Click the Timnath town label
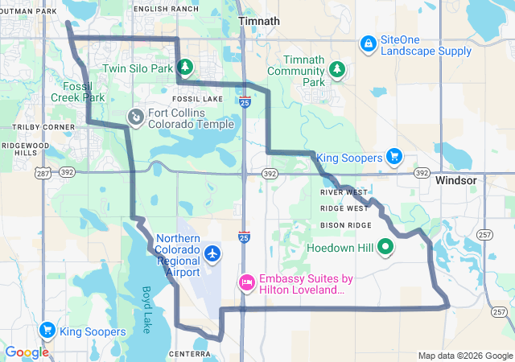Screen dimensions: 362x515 click(259, 21)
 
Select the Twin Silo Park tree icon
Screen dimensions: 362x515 click(185, 67)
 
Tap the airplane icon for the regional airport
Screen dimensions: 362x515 click(212, 254)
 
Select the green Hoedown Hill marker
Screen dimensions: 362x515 click(385, 248)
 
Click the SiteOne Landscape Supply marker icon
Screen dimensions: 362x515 click(368, 43)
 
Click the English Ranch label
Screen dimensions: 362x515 click(165, 8)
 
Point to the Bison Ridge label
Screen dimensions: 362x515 click(345, 225)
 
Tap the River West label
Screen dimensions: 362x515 click(344, 192)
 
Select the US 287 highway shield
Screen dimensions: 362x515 click(43, 172)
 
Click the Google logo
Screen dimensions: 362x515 click(27, 352)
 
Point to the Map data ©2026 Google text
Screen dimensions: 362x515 click(464, 356)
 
